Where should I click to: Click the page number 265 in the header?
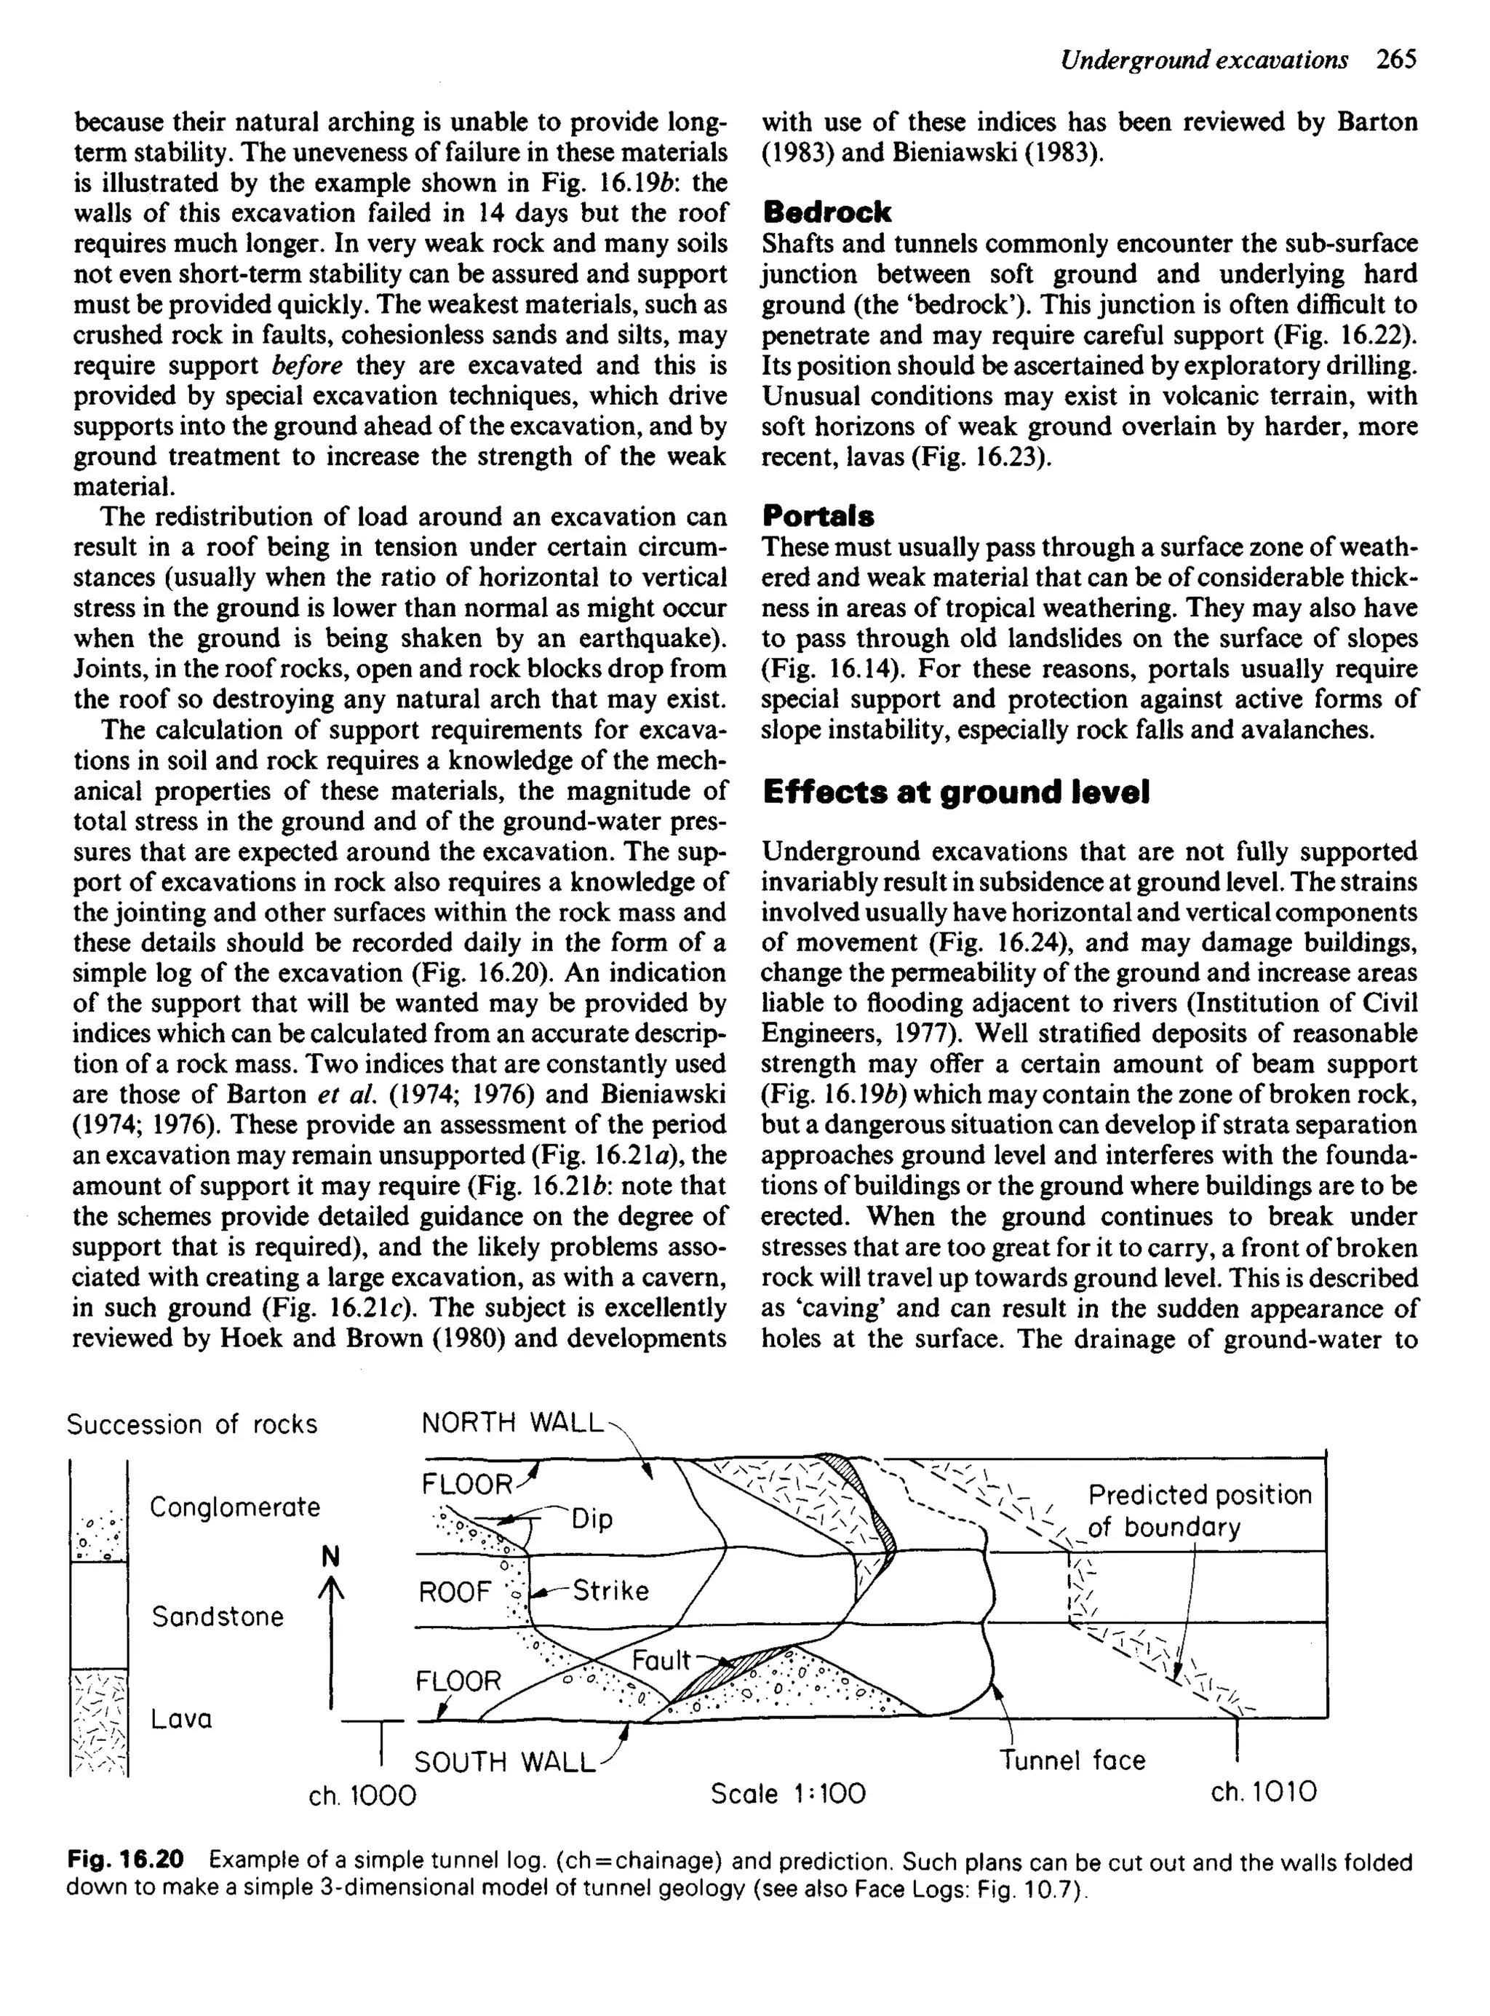coord(1397,60)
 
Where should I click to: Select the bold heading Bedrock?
coord(826,213)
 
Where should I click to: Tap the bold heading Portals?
coord(818,517)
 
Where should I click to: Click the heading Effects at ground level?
coord(955,793)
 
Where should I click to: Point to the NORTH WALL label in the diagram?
coord(511,1424)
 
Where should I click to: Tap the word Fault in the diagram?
coord(660,1659)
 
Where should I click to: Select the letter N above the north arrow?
coord(331,1557)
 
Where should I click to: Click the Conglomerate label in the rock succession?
coord(234,1507)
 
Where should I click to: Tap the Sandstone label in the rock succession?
coord(218,1616)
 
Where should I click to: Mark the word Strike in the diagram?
coord(610,1591)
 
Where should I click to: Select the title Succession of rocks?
coord(192,1424)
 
